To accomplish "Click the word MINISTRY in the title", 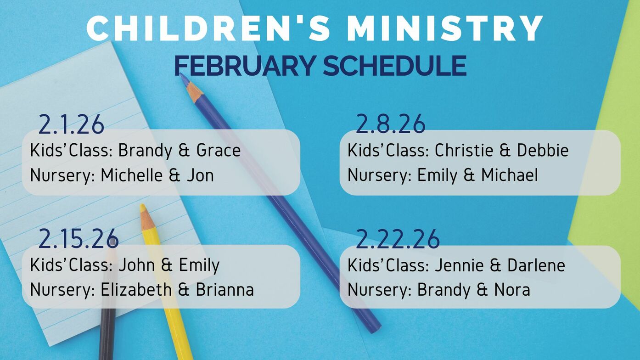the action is (444, 28).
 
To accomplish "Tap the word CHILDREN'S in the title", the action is (208, 28).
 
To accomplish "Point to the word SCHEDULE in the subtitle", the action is (395, 66).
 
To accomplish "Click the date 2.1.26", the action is (71, 124).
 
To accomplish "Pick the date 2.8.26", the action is (391, 124).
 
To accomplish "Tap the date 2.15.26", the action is (79, 239).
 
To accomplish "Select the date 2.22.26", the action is (398, 239).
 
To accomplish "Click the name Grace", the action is (219, 150).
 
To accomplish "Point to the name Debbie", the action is (543, 150).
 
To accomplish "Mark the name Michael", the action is (510, 175).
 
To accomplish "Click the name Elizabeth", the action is (136, 289).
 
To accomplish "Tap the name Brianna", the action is (225, 289).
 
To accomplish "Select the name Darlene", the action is (536, 265).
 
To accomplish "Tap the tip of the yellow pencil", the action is (142, 205).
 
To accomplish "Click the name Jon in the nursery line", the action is (200, 175).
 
